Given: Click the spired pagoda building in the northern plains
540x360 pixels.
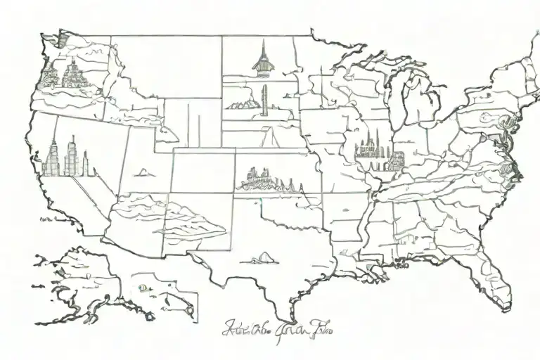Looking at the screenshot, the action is (262, 60).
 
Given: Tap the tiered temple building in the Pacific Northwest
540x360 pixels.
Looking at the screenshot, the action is (72, 73).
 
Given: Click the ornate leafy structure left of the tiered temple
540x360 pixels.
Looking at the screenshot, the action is (49, 75).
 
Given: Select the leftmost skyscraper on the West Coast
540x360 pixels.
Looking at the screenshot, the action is (51, 158).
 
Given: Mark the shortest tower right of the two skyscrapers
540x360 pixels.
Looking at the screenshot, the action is (85, 165).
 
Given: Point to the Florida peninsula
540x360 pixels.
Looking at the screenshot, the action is (492, 281).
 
